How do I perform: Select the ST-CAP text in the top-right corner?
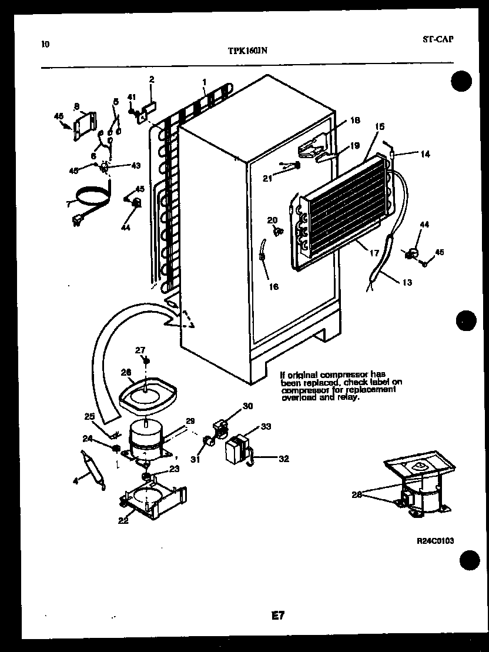tap(438, 39)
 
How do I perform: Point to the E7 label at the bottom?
tap(277, 616)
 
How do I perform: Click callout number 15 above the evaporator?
tap(379, 126)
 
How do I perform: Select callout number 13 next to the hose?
tap(407, 282)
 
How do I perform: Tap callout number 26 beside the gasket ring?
tap(126, 372)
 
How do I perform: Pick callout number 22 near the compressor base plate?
tap(123, 520)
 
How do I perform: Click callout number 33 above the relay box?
tap(266, 427)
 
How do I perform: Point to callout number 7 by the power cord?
tap(69, 203)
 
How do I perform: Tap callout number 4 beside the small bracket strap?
tap(75, 481)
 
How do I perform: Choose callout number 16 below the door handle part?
tap(273, 287)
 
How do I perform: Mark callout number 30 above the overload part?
tap(247, 406)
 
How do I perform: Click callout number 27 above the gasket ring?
tap(140, 350)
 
